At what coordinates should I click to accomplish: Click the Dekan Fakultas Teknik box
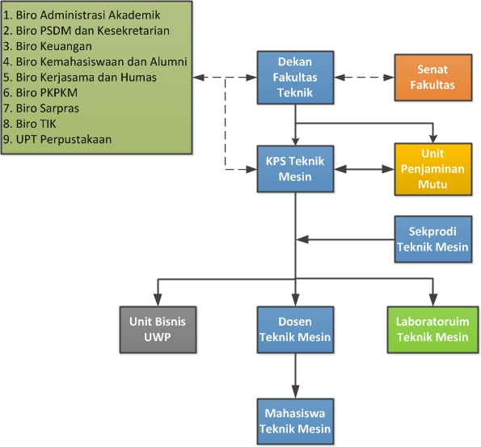[x=295, y=78]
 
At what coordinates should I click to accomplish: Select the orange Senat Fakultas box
[x=432, y=78]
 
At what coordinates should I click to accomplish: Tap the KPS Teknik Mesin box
[x=295, y=169]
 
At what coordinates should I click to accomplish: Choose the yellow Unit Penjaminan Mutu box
[x=432, y=169]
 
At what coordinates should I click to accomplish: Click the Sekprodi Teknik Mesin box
[x=432, y=239]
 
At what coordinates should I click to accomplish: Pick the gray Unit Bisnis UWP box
[x=158, y=330]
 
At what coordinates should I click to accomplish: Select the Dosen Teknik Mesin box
[x=295, y=330]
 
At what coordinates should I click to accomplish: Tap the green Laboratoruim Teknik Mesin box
[x=432, y=330]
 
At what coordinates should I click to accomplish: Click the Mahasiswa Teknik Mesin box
[x=295, y=421]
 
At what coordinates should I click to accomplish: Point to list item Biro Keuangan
[x=48, y=46]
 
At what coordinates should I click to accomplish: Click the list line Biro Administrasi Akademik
[x=82, y=15]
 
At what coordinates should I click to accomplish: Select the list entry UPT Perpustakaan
[x=57, y=140]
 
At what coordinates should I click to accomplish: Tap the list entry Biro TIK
[x=30, y=124]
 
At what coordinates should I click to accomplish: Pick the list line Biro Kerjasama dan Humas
[x=80, y=78]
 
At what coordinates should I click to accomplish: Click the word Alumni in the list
[x=168, y=61]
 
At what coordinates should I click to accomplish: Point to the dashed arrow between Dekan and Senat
[x=364, y=78]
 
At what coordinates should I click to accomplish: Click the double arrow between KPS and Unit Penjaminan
[x=364, y=169]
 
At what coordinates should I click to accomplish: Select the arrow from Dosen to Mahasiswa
[x=295, y=376]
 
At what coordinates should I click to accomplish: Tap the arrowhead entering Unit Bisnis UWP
[x=158, y=300]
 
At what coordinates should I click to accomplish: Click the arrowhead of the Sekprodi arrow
[x=302, y=239]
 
